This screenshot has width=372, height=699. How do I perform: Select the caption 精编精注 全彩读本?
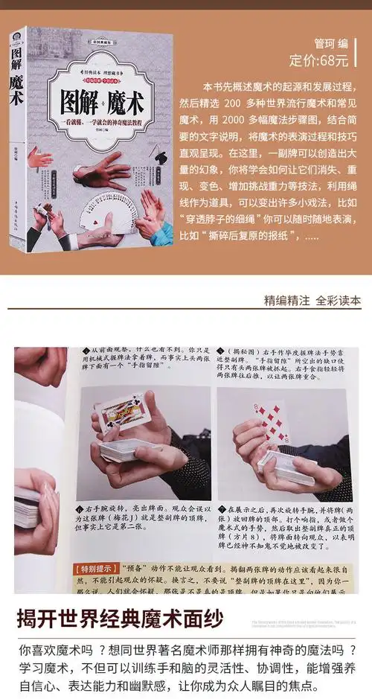point(312,301)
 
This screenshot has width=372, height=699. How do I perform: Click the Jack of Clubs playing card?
point(123,414)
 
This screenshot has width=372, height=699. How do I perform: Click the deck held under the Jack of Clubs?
point(126,449)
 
